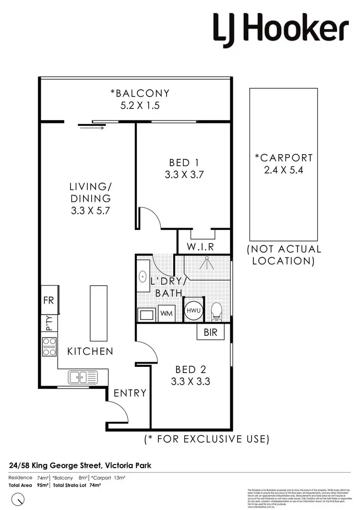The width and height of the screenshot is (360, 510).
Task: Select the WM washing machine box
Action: (166, 314)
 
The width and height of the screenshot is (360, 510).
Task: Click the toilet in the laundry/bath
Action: (216, 311)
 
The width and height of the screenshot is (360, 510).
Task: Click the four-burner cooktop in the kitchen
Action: (49, 346)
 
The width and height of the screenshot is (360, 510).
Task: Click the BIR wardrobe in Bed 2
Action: (210, 331)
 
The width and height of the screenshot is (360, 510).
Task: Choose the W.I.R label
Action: (200, 247)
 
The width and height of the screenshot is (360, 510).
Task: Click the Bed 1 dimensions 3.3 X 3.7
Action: (185, 175)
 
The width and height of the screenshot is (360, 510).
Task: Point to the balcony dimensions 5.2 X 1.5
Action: (140, 106)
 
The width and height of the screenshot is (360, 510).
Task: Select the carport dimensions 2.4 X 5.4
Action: (283, 170)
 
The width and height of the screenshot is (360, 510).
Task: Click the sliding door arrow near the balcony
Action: (91, 127)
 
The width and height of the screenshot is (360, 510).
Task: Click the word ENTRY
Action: (130, 393)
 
